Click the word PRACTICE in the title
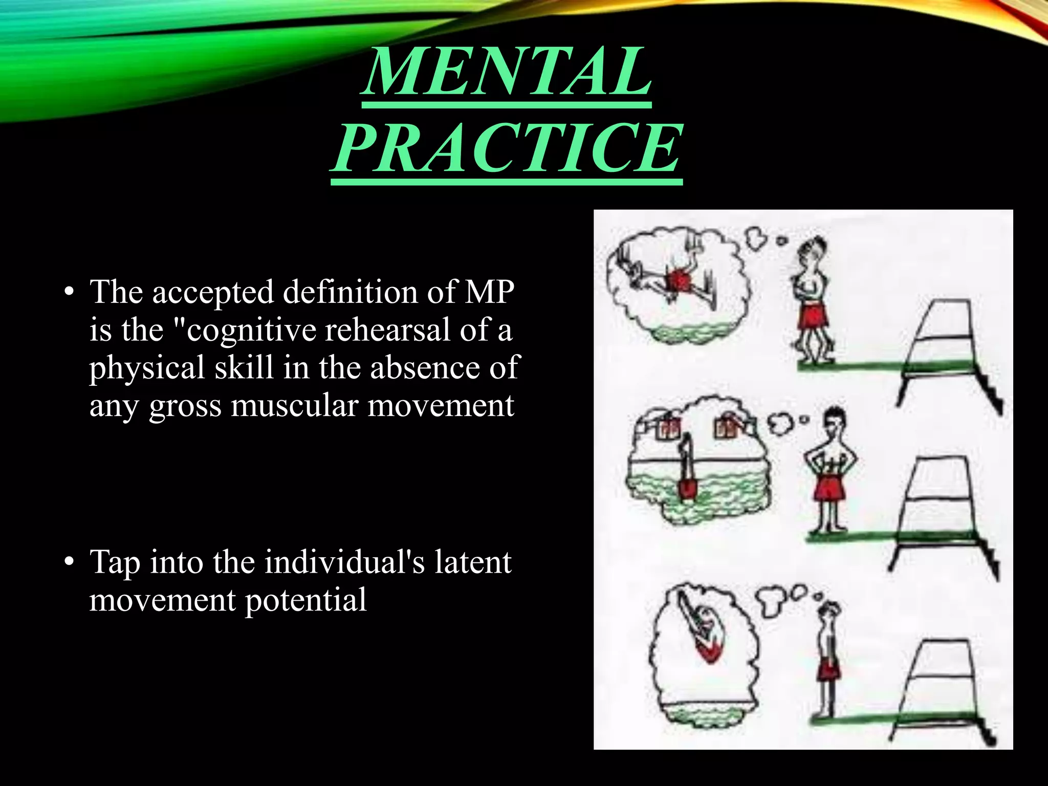pos(506,148)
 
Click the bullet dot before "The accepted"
pos(69,293)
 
